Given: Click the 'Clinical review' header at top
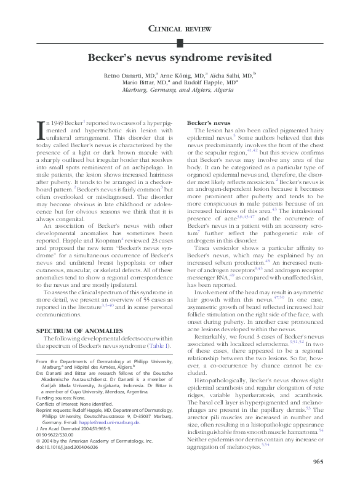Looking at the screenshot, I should click(x=180, y=29).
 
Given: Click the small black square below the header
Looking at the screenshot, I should click(x=180, y=42).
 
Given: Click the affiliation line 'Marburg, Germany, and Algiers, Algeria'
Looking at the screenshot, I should click(x=180, y=89).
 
